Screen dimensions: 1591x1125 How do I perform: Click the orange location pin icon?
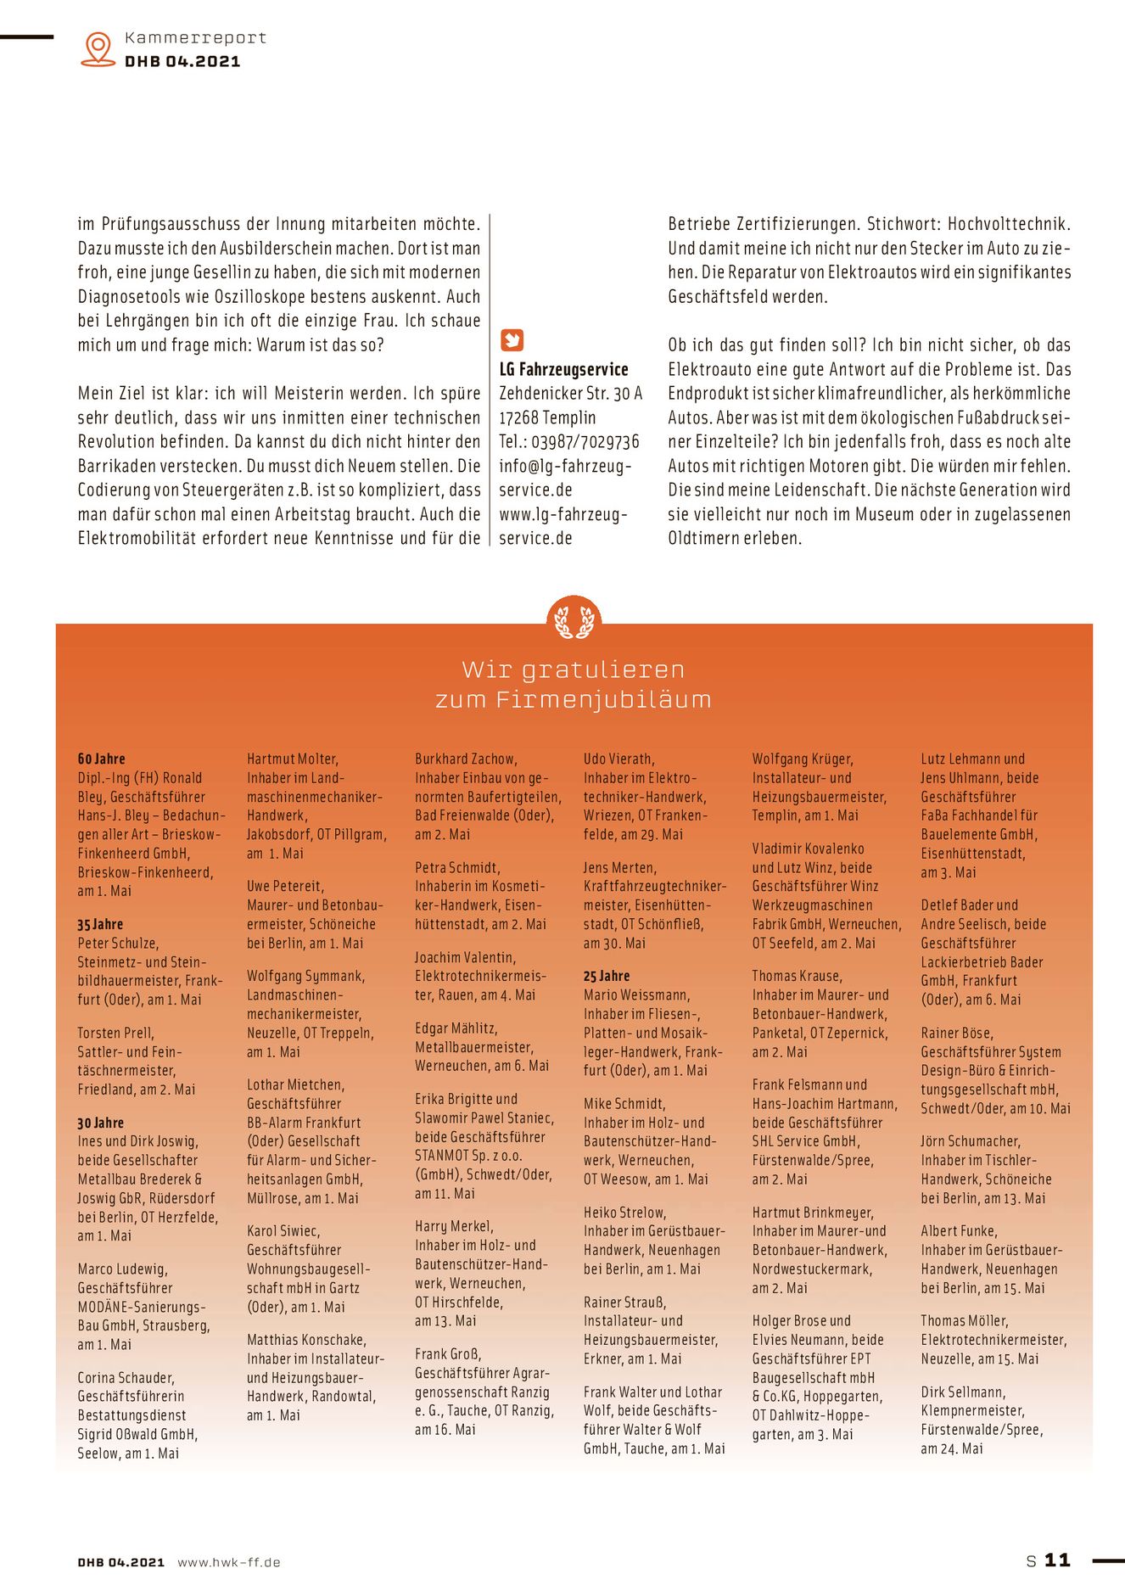click(x=98, y=48)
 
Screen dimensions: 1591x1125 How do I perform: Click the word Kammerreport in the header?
click(x=195, y=38)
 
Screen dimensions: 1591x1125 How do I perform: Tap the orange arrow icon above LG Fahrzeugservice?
click(x=512, y=340)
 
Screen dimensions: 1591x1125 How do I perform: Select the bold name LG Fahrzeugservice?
click(x=563, y=369)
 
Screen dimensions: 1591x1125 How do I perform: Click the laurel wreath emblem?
click(x=574, y=619)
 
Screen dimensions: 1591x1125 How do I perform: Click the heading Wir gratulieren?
click(x=573, y=669)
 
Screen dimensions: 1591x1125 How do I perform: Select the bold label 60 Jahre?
click(x=101, y=759)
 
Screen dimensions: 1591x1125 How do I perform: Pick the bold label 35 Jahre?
click(x=100, y=924)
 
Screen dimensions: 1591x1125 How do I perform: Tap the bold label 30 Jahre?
click(x=100, y=1123)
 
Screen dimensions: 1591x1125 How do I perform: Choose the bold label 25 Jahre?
click(x=607, y=976)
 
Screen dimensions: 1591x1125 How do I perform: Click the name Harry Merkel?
click(x=454, y=1226)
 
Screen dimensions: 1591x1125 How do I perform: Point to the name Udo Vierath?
click(x=618, y=759)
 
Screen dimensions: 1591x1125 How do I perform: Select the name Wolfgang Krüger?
click(x=803, y=759)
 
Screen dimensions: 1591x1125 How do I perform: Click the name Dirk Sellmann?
click(x=963, y=1392)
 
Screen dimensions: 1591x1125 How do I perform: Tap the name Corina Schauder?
click(x=126, y=1377)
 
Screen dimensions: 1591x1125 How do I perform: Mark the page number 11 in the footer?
click(x=1057, y=1560)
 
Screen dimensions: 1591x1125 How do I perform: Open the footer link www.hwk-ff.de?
click(x=229, y=1562)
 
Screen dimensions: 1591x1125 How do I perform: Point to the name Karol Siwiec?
click(x=283, y=1230)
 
